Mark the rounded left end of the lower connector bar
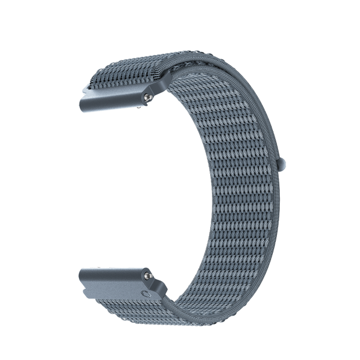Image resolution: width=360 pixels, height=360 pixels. click(81, 277)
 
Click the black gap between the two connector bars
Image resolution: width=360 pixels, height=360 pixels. click(116, 186)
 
